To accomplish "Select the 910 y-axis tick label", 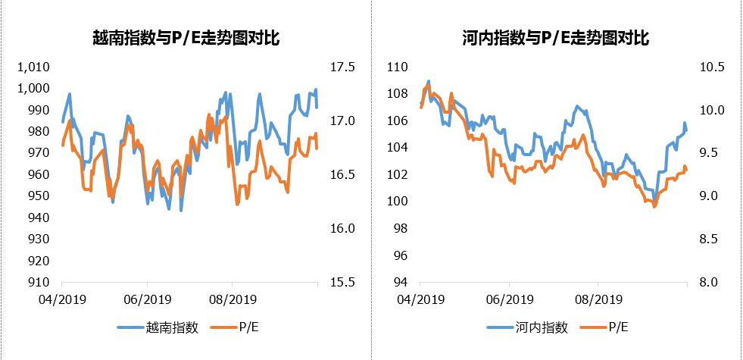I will click(39, 283).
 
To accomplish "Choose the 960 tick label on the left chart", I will click(39, 175).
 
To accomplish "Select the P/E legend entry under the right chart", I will click(617, 327).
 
